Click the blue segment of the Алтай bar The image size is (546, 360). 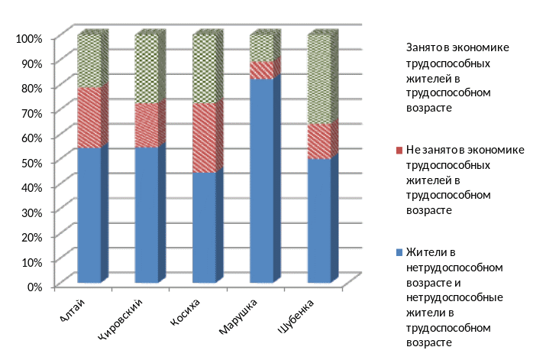89,214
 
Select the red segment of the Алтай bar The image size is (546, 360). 89,118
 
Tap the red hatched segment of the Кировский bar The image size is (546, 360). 147,125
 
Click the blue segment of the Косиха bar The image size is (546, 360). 204,227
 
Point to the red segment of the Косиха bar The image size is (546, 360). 204,138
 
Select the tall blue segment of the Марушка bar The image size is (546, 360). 261,180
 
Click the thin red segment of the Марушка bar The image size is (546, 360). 261,70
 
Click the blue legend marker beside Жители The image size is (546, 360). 400,252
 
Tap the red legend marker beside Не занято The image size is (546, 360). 400,151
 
